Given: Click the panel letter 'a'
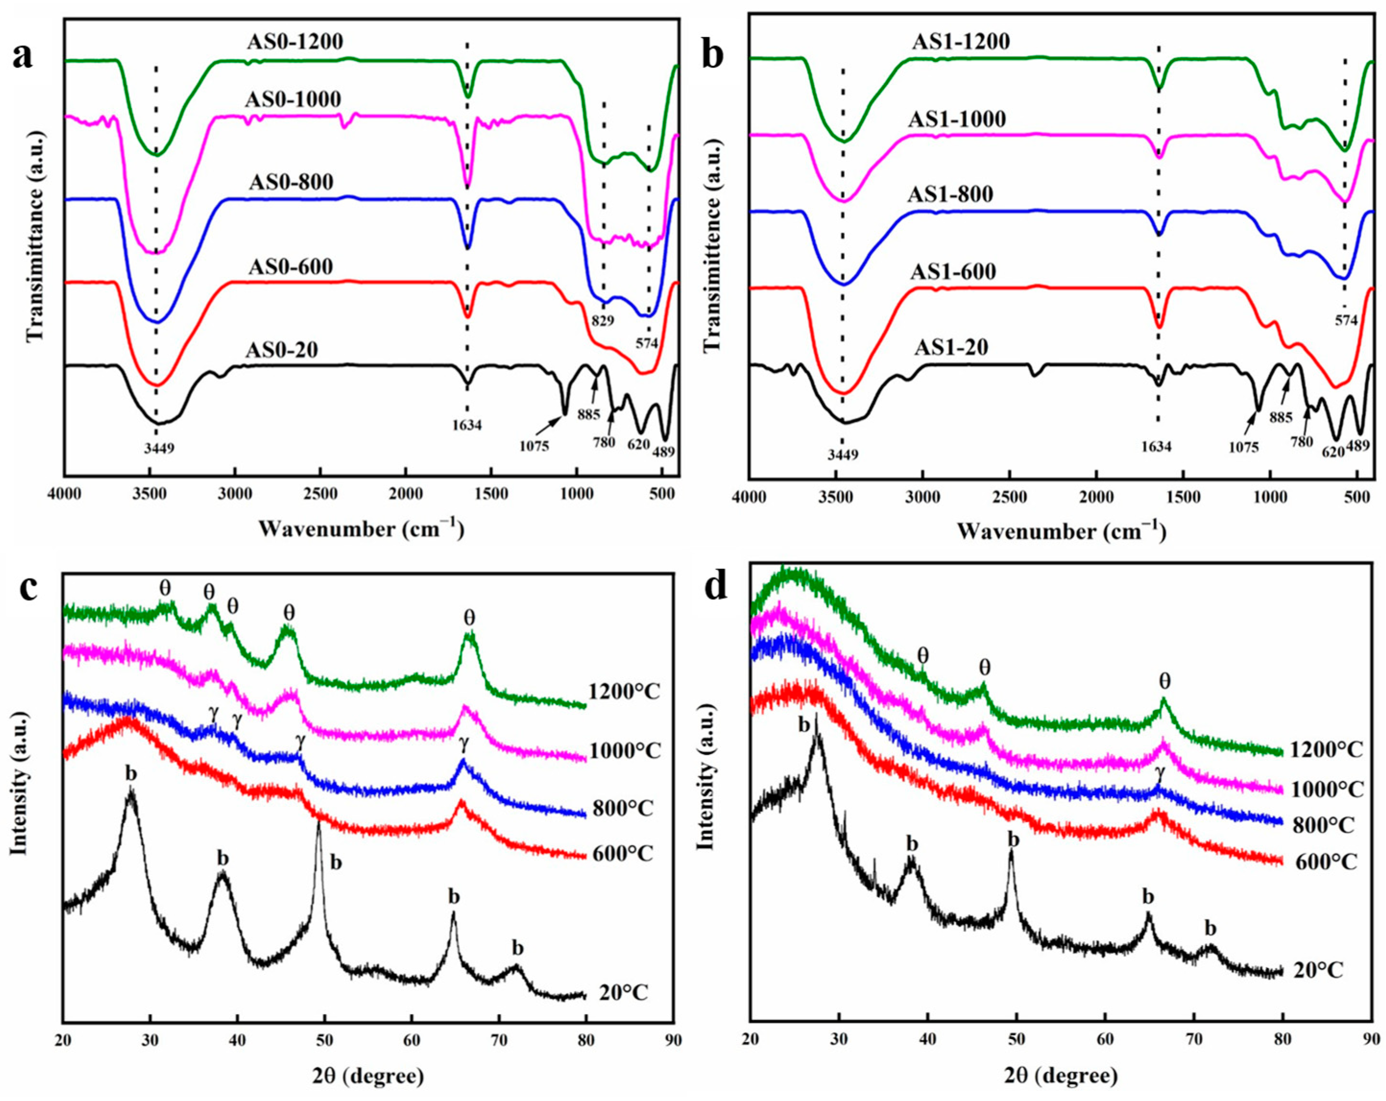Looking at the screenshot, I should click(23, 57).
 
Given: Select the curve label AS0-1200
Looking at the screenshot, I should click(295, 42).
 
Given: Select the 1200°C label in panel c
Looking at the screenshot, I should click(624, 692).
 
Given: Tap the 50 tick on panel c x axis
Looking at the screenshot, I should click(325, 1039).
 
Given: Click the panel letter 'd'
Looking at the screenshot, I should click(715, 586).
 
